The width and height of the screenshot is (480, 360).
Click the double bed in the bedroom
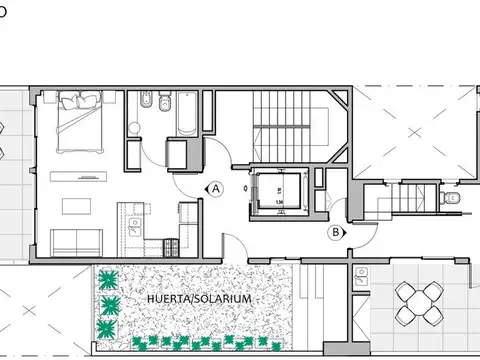(x=80, y=124)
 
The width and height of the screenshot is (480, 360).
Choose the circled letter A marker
(x=214, y=187)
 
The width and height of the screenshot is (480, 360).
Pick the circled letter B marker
(x=336, y=233)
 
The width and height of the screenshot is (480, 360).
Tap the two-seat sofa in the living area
(x=74, y=241)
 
